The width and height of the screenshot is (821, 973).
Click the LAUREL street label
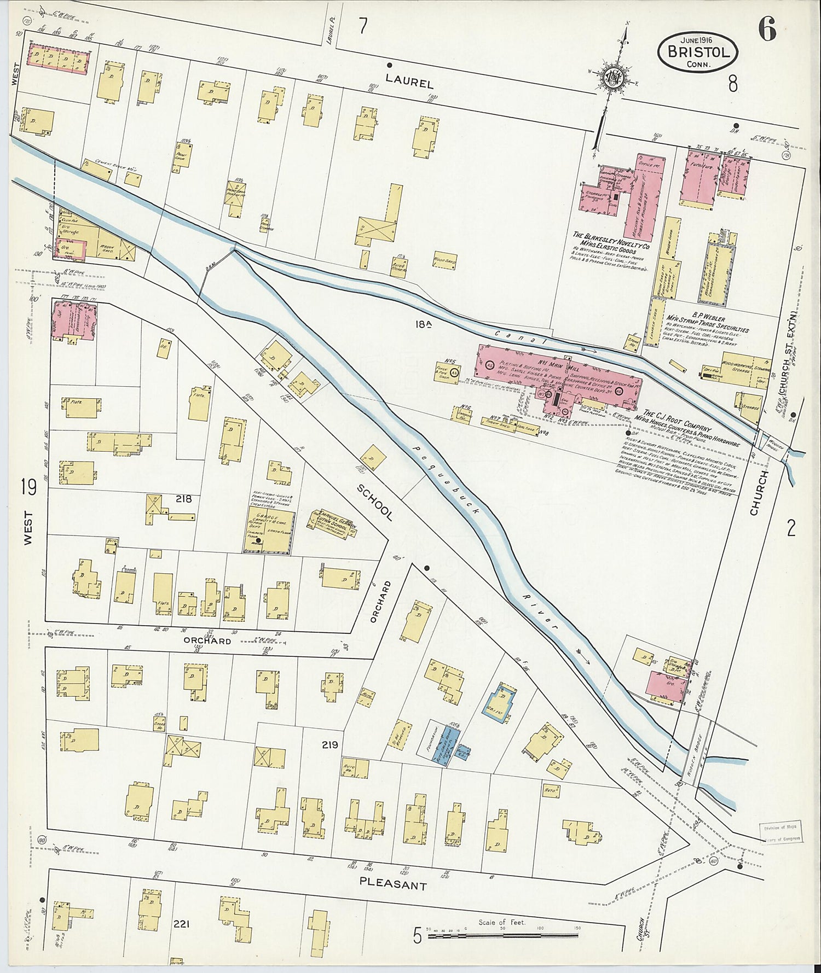coord(409,81)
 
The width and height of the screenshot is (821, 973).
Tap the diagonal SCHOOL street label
coord(375,502)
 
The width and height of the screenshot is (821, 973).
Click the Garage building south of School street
coord(269,531)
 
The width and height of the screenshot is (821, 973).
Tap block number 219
coord(330,745)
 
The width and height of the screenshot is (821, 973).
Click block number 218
coord(183,498)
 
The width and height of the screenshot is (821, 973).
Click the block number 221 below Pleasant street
coord(181,924)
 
